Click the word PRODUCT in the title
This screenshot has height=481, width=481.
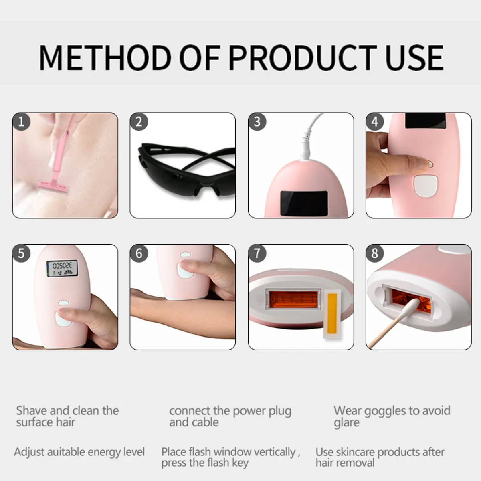tap(303, 58)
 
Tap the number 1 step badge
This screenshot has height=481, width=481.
tap(21, 121)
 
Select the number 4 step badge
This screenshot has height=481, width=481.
tap(375, 121)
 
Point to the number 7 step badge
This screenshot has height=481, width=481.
tap(257, 253)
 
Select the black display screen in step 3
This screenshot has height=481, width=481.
tap(304, 203)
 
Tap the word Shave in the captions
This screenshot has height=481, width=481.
tap(32, 411)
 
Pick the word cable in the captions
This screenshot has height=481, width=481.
tap(205, 422)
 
